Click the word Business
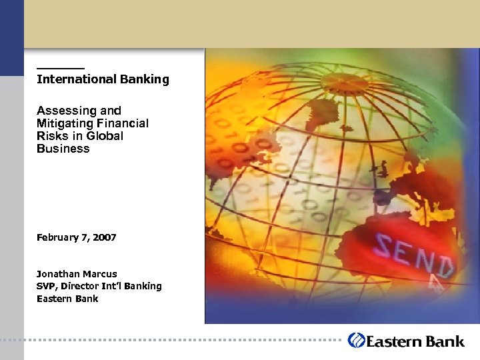click(63, 149)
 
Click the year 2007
click(104, 237)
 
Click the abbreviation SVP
click(46, 286)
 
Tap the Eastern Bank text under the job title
click(67, 299)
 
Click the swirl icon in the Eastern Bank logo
click(357, 340)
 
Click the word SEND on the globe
click(414, 254)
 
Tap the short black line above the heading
click(61, 68)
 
